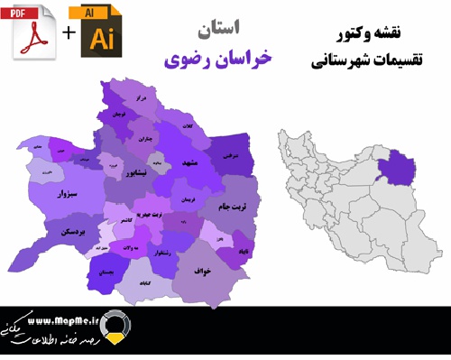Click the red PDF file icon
tap(32, 32)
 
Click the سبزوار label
tap(68, 194)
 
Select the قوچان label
tap(110, 115)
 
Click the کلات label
tap(188, 126)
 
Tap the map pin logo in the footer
tap(115, 327)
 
